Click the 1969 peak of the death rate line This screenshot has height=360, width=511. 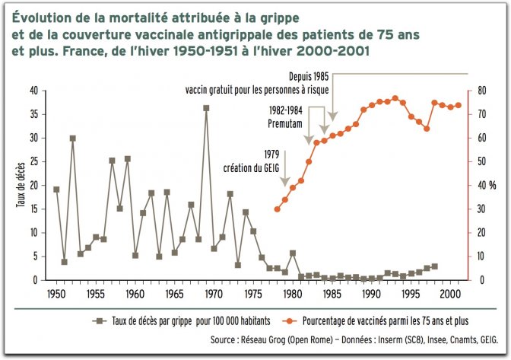[x=206, y=108]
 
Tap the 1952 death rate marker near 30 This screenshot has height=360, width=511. [x=72, y=139]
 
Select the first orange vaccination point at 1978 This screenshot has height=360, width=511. [x=277, y=209]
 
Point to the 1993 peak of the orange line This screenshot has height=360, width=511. [x=395, y=98]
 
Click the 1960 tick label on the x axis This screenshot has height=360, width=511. [x=135, y=294]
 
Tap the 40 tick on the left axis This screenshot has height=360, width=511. [x=33, y=91]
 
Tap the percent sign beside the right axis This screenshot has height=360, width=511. [x=492, y=186]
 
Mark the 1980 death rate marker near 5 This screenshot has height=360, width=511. [x=293, y=253]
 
